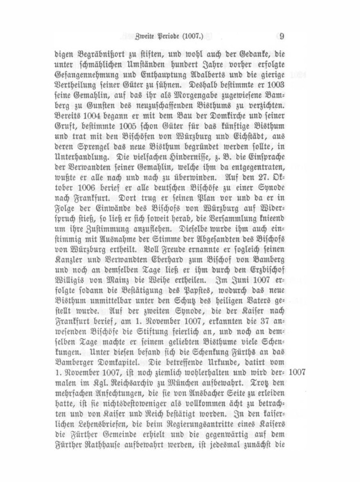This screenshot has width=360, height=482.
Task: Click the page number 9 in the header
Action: pos(282,36)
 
